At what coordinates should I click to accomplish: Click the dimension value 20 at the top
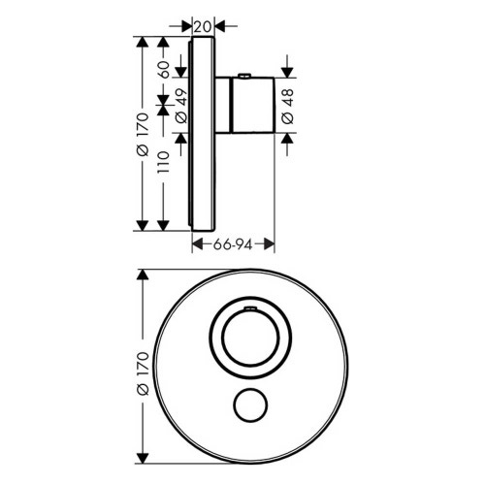202,26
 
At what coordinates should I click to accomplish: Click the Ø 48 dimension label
287,106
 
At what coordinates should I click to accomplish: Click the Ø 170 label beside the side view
143,131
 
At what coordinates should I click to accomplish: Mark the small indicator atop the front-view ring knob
249,308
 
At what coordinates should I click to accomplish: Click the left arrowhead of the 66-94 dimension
196,246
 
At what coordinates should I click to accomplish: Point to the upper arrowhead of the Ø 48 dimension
287,74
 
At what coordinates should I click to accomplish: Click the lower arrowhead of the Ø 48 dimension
287,137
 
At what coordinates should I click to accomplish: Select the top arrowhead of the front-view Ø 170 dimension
143,275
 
